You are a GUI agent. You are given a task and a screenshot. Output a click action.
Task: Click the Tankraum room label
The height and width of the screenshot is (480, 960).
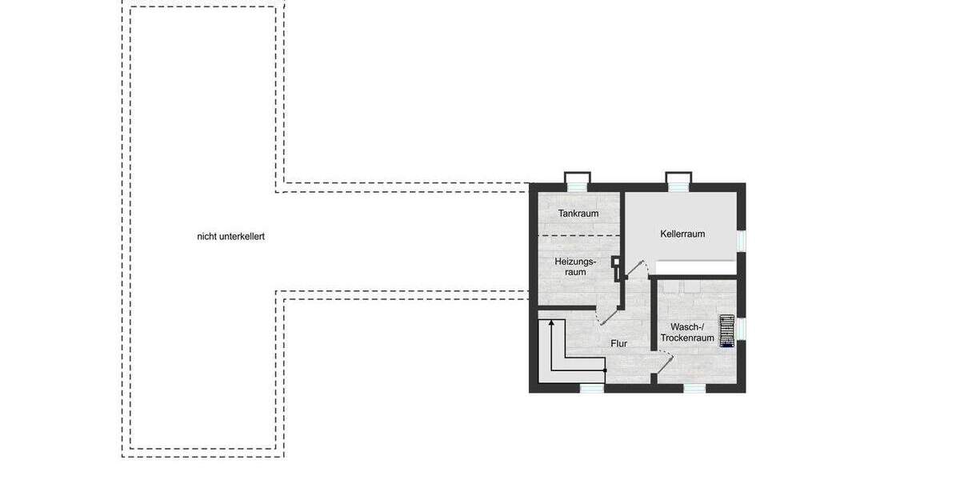578,214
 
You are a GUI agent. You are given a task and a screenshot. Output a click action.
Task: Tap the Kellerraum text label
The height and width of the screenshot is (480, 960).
682,234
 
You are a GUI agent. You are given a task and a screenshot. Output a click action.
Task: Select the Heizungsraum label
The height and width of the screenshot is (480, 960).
575,267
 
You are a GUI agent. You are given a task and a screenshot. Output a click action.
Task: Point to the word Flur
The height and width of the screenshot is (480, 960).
618,343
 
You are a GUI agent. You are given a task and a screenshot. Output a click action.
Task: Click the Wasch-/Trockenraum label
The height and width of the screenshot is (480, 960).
687,333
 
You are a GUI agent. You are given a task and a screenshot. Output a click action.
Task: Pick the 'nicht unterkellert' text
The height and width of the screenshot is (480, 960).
230,237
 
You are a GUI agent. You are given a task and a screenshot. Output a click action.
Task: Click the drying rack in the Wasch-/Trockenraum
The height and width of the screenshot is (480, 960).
726,330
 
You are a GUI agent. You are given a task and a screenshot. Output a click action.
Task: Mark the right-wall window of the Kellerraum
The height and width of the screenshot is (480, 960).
742,240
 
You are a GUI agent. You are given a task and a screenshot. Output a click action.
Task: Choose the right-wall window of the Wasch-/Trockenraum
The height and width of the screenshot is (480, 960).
742,328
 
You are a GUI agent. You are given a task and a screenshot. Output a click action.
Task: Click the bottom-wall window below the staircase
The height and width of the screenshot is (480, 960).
591,389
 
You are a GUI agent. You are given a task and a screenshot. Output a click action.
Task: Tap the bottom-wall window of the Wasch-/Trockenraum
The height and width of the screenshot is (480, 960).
694,389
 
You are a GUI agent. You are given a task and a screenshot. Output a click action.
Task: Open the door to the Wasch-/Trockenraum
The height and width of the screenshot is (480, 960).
663,364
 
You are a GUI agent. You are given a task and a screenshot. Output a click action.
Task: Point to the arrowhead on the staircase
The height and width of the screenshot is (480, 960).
551,322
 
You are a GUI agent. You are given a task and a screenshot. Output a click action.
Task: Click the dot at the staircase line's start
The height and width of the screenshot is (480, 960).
605,371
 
